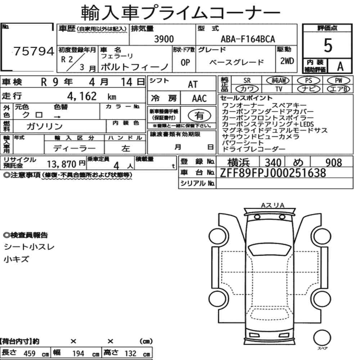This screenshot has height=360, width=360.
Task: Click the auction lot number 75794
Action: [34, 51]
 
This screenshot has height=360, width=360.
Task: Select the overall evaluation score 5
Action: [328, 45]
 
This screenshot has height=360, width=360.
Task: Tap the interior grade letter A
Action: [340, 67]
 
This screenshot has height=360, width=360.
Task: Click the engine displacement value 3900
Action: [164, 39]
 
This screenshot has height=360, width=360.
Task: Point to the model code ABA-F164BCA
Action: [248, 39]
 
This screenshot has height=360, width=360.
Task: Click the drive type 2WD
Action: [287, 61]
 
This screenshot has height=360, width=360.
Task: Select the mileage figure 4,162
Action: [82, 96]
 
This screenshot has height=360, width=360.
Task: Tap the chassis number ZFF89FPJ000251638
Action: [273, 173]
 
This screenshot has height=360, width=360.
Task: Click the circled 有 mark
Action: [199, 116]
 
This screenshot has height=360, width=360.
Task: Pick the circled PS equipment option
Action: [309, 81]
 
